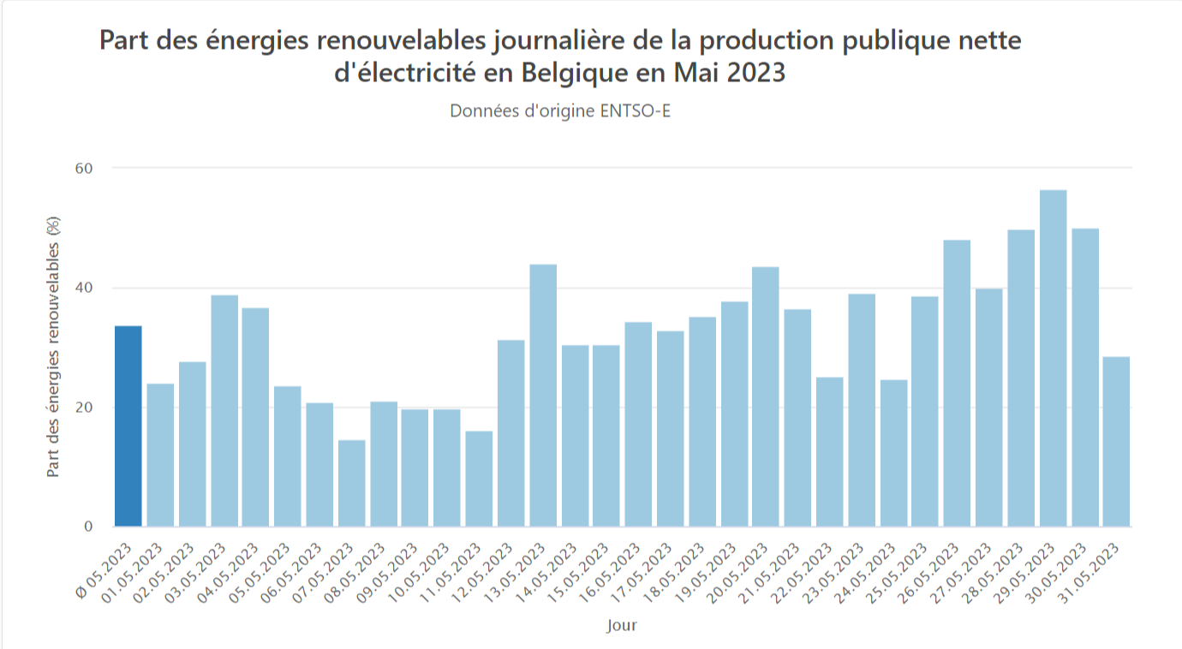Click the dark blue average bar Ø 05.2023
click(x=128, y=426)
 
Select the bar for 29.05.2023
click(x=1053, y=358)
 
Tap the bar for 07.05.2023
click(x=351, y=483)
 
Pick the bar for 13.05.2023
click(x=543, y=395)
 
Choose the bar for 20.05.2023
click(x=766, y=396)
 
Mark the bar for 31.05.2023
click(x=1116, y=441)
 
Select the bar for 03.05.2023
click(x=224, y=410)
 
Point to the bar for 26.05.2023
click(x=957, y=383)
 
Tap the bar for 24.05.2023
click(x=893, y=453)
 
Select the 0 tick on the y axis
click(x=87, y=527)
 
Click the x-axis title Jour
click(x=623, y=626)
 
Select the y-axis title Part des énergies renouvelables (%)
click(x=54, y=347)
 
